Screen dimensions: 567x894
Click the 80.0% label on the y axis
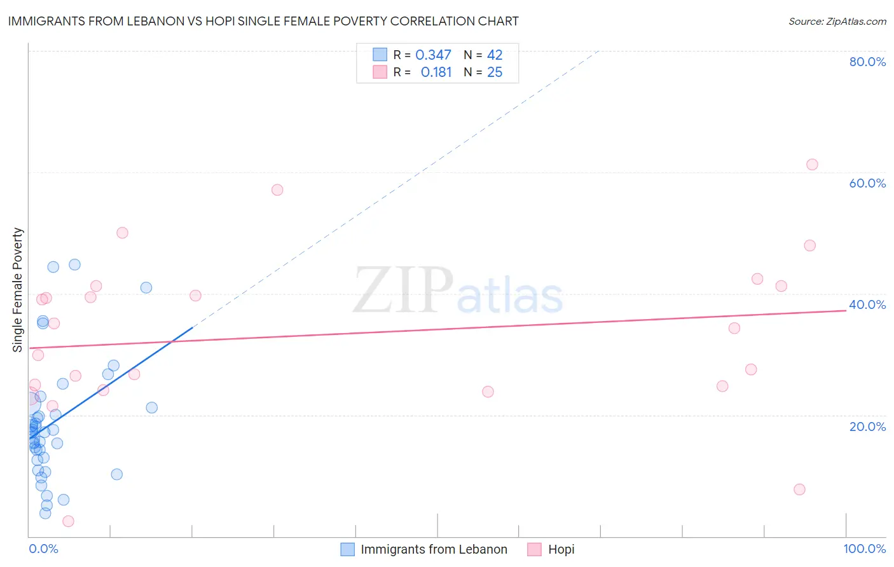[x=867, y=62]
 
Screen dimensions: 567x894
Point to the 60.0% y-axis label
[x=867, y=183]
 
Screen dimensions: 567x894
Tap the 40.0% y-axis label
[x=867, y=304]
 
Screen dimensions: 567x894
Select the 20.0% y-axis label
[x=867, y=427]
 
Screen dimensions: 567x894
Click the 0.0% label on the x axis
[x=43, y=549]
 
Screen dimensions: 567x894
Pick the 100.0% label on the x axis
[x=864, y=549]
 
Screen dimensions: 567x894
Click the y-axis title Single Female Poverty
[x=18, y=290]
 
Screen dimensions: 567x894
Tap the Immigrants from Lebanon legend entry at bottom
[x=434, y=549]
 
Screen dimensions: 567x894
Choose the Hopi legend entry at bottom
[x=561, y=549]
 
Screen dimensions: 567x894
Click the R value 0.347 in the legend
[x=433, y=55]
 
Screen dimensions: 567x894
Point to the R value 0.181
[x=436, y=72]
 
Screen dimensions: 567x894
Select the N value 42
[x=495, y=55]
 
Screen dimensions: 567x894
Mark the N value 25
[x=495, y=72]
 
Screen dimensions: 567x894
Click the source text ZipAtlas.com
[x=837, y=22]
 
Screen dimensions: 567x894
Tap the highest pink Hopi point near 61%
[x=812, y=165]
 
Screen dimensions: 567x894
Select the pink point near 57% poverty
[x=277, y=190]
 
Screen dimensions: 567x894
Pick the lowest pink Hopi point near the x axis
[x=69, y=521]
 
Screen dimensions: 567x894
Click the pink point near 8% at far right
[x=799, y=489]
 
